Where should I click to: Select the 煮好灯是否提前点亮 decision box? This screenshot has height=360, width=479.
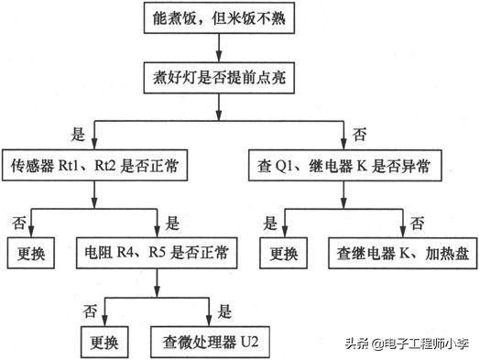(x=219, y=77)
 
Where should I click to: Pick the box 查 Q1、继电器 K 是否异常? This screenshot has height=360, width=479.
(x=344, y=168)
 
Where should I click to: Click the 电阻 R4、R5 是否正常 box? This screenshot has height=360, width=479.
(x=157, y=249)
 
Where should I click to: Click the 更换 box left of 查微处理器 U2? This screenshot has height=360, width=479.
(x=105, y=319)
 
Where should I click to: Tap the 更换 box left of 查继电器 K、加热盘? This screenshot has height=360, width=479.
(x=283, y=249)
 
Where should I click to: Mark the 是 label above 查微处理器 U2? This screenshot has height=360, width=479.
(x=225, y=285)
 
